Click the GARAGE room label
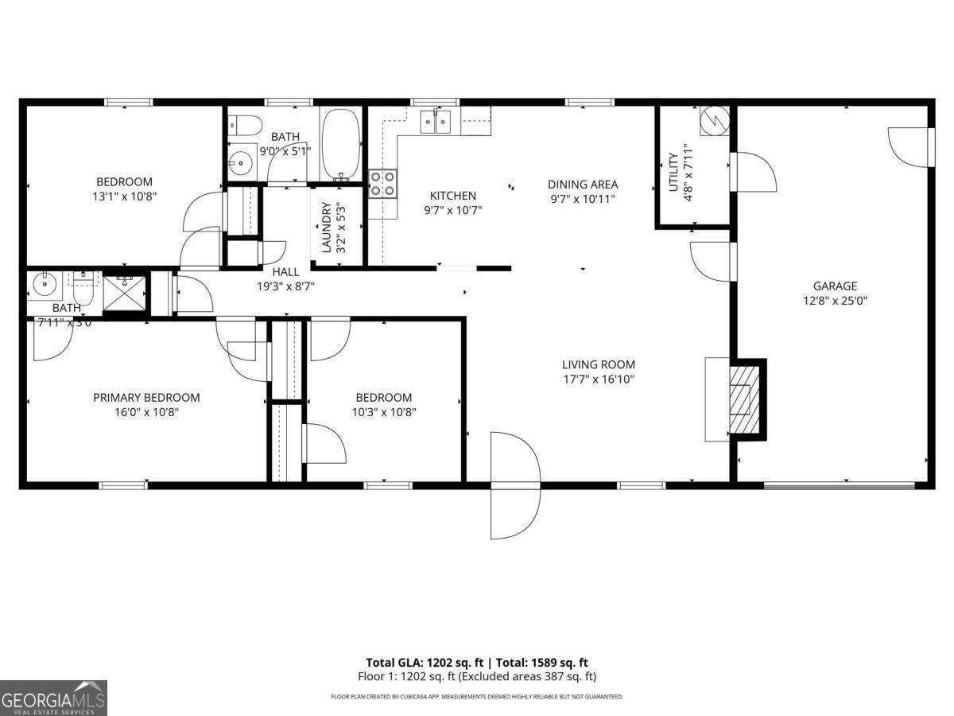[x=834, y=286]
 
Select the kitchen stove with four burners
[x=383, y=184]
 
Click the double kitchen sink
[x=436, y=121]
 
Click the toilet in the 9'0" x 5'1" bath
[x=245, y=125]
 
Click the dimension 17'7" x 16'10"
[x=599, y=379]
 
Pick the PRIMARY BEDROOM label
[x=146, y=398]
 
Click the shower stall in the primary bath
[x=124, y=292]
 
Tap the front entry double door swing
[x=515, y=484]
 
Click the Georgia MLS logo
[x=53, y=698]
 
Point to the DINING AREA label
[x=582, y=185]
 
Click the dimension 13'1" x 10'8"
[x=124, y=196]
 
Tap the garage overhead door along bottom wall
[x=839, y=484]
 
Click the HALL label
[x=286, y=272]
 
